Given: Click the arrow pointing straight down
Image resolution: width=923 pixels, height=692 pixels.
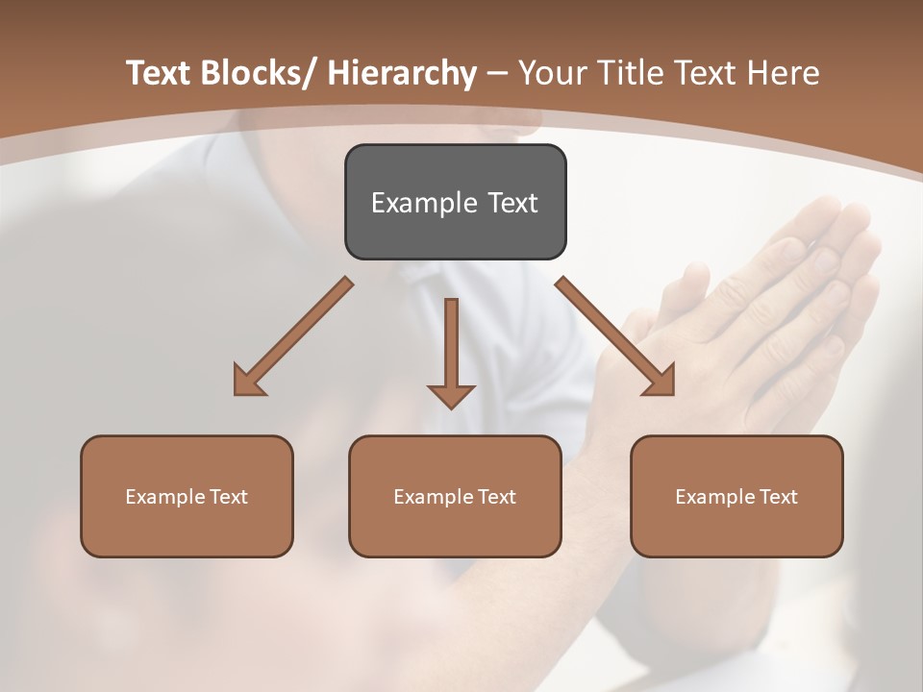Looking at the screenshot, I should click(451, 351).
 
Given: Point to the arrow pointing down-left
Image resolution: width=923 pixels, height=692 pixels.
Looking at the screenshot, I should click(293, 336).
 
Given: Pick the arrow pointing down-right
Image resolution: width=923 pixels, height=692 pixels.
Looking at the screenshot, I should click(615, 336).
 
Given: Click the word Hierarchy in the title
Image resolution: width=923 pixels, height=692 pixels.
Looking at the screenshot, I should click(402, 73).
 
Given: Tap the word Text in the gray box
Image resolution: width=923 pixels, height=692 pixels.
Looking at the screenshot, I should click(512, 203).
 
